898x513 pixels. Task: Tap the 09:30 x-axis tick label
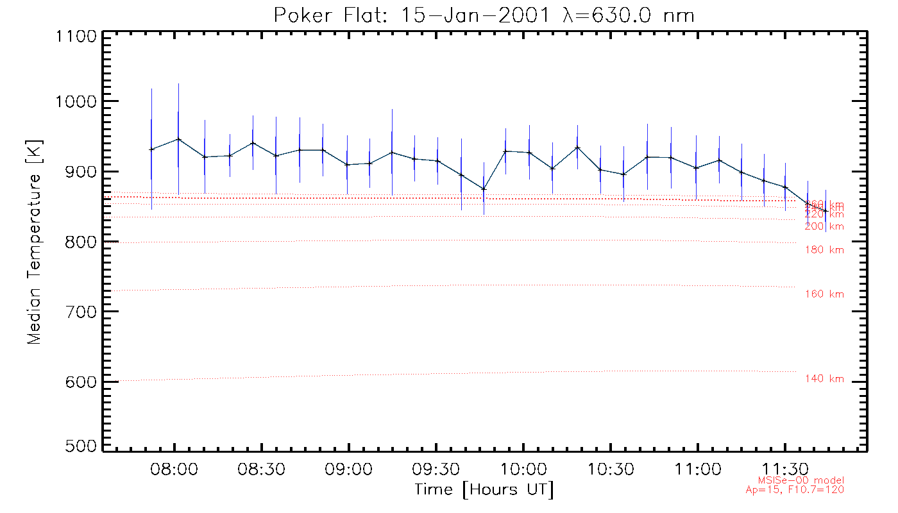click(436, 470)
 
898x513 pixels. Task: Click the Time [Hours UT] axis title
click(484, 490)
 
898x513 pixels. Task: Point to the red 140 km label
click(824, 379)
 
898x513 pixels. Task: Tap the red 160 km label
click(824, 294)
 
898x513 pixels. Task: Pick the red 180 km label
click(824, 249)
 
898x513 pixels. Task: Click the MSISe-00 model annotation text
click(801, 480)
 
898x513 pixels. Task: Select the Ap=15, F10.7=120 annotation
click(795, 490)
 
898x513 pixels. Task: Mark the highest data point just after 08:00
click(178, 139)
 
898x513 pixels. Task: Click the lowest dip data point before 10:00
click(484, 189)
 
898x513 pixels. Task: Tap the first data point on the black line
click(151, 149)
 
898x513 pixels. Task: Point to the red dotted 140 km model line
click(449, 374)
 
